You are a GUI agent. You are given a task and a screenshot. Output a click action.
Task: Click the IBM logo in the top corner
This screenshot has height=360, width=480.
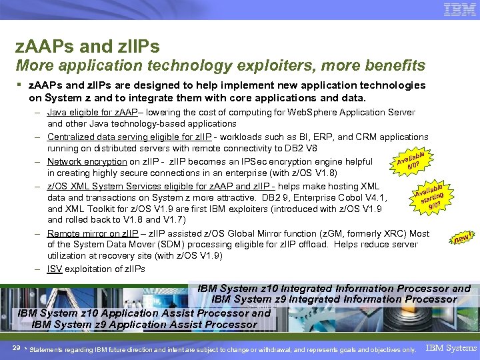tap(459, 11)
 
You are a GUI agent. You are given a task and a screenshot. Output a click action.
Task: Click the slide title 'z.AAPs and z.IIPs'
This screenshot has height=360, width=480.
tap(87, 47)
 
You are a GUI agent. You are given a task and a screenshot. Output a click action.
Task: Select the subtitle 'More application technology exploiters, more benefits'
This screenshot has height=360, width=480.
tap(220, 65)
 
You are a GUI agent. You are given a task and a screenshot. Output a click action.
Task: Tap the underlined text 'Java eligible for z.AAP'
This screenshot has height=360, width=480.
tap(93, 112)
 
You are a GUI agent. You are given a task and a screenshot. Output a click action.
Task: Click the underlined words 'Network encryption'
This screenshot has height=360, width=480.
tap(87, 161)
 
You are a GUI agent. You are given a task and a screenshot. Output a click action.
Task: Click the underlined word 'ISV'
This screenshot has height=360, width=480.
tap(55, 269)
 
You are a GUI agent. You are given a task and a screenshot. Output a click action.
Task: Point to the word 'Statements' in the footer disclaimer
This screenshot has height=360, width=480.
tap(47, 349)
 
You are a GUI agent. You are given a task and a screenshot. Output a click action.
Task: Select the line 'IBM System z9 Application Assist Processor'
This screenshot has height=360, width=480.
tap(144, 325)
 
